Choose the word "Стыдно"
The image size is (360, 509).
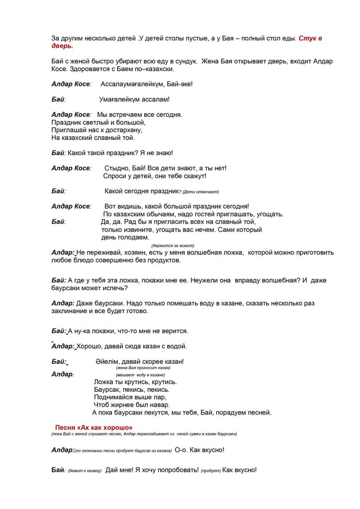click(117, 168)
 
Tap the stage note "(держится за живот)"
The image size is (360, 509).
click(173, 246)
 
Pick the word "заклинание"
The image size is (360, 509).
click(72, 311)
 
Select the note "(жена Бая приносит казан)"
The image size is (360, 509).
click(143, 368)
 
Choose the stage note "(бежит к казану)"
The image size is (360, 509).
click(86, 471)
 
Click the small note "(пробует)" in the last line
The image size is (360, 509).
click(211, 471)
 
